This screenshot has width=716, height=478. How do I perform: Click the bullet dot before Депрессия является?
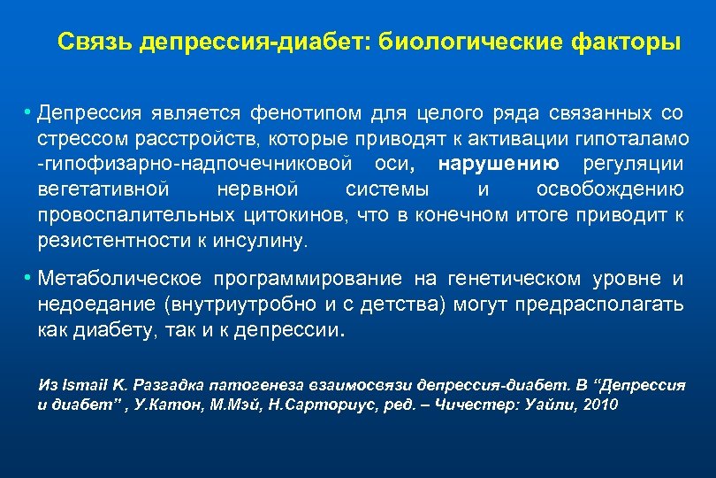29,113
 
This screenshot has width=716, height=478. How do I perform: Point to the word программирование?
308,280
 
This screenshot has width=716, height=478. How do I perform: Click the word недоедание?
83,305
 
